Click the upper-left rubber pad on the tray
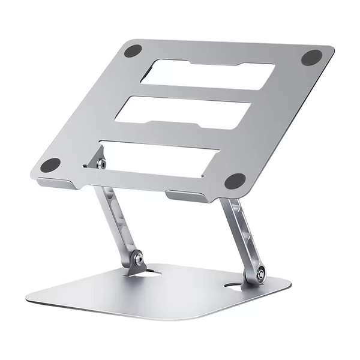pyautogui.click(x=133, y=51)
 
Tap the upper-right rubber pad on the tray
pyautogui.click(x=311, y=58)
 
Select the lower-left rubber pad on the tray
pyautogui.click(x=52, y=165)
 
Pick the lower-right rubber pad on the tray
pyautogui.click(x=235, y=181)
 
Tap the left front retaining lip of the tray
pyautogui.click(x=57, y=184)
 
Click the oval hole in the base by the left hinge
pyautogui.click(x=154, y=274)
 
